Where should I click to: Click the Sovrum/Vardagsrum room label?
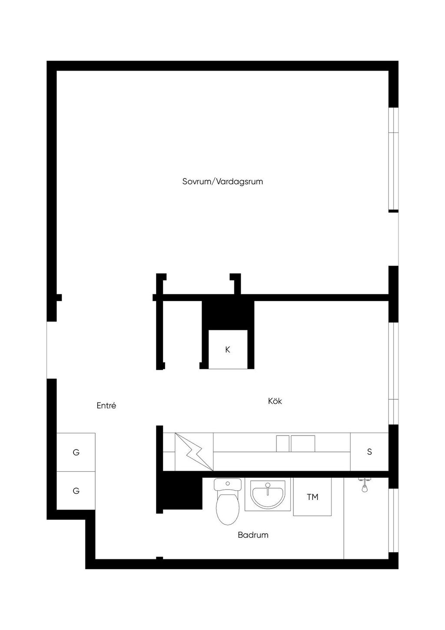pyautogui.click(x=222, y=182)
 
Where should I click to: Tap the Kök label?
pyautogui.click(x=275, y=401)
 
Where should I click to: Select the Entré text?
pyautogui.click(x=106, y=405)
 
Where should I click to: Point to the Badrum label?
pyautogui.click(x=253, y=535)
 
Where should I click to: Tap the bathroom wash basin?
pyautogui.click(x=267, y=494)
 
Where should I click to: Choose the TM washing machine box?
pyautogui.click(x=312, y=497)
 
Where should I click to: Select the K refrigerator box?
pyautogui.click(x=228, y=349)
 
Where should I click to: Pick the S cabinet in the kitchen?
pyautogui.click(x=369, y=452)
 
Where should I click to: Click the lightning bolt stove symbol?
pyautogui.click(x=194, y=452)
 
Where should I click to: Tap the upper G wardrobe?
pyautogui.click(x=76, y=452)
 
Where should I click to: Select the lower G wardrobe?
pyautogui.click(x=76, y=491)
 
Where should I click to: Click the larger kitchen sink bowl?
pyautogui.click(x=303, y=443)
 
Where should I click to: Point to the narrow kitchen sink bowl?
pyautogui.click(x=282, y=443)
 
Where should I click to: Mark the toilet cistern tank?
pyautogui.click(x=228, y=484)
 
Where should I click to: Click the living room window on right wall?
pyautogui.click(x=394, y=159)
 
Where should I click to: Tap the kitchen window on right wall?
pyautogui.click(x=394, y=373)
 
